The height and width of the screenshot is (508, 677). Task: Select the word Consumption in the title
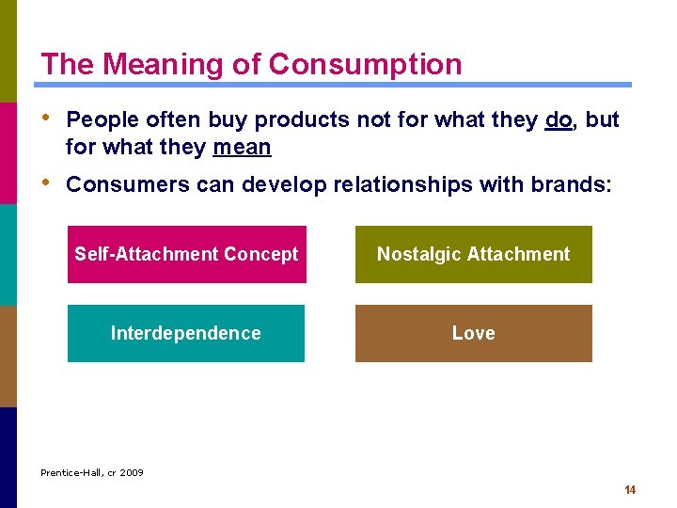tap(365, 64)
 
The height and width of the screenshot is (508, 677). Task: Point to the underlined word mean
tap(242, 148)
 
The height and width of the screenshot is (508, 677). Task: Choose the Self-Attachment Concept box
tap(186, 254)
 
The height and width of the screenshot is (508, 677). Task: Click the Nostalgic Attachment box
tap(473, 254)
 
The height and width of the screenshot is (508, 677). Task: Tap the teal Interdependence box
tap(186, 333)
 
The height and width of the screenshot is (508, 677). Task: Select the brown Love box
tap(473, 333)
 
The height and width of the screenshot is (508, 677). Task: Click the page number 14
tap(630, 490)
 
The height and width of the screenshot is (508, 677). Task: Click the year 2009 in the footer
tap(132, 473)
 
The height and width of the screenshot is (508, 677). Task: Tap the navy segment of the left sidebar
tap(8, 457)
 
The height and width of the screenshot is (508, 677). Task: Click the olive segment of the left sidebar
tap(8, 51)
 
